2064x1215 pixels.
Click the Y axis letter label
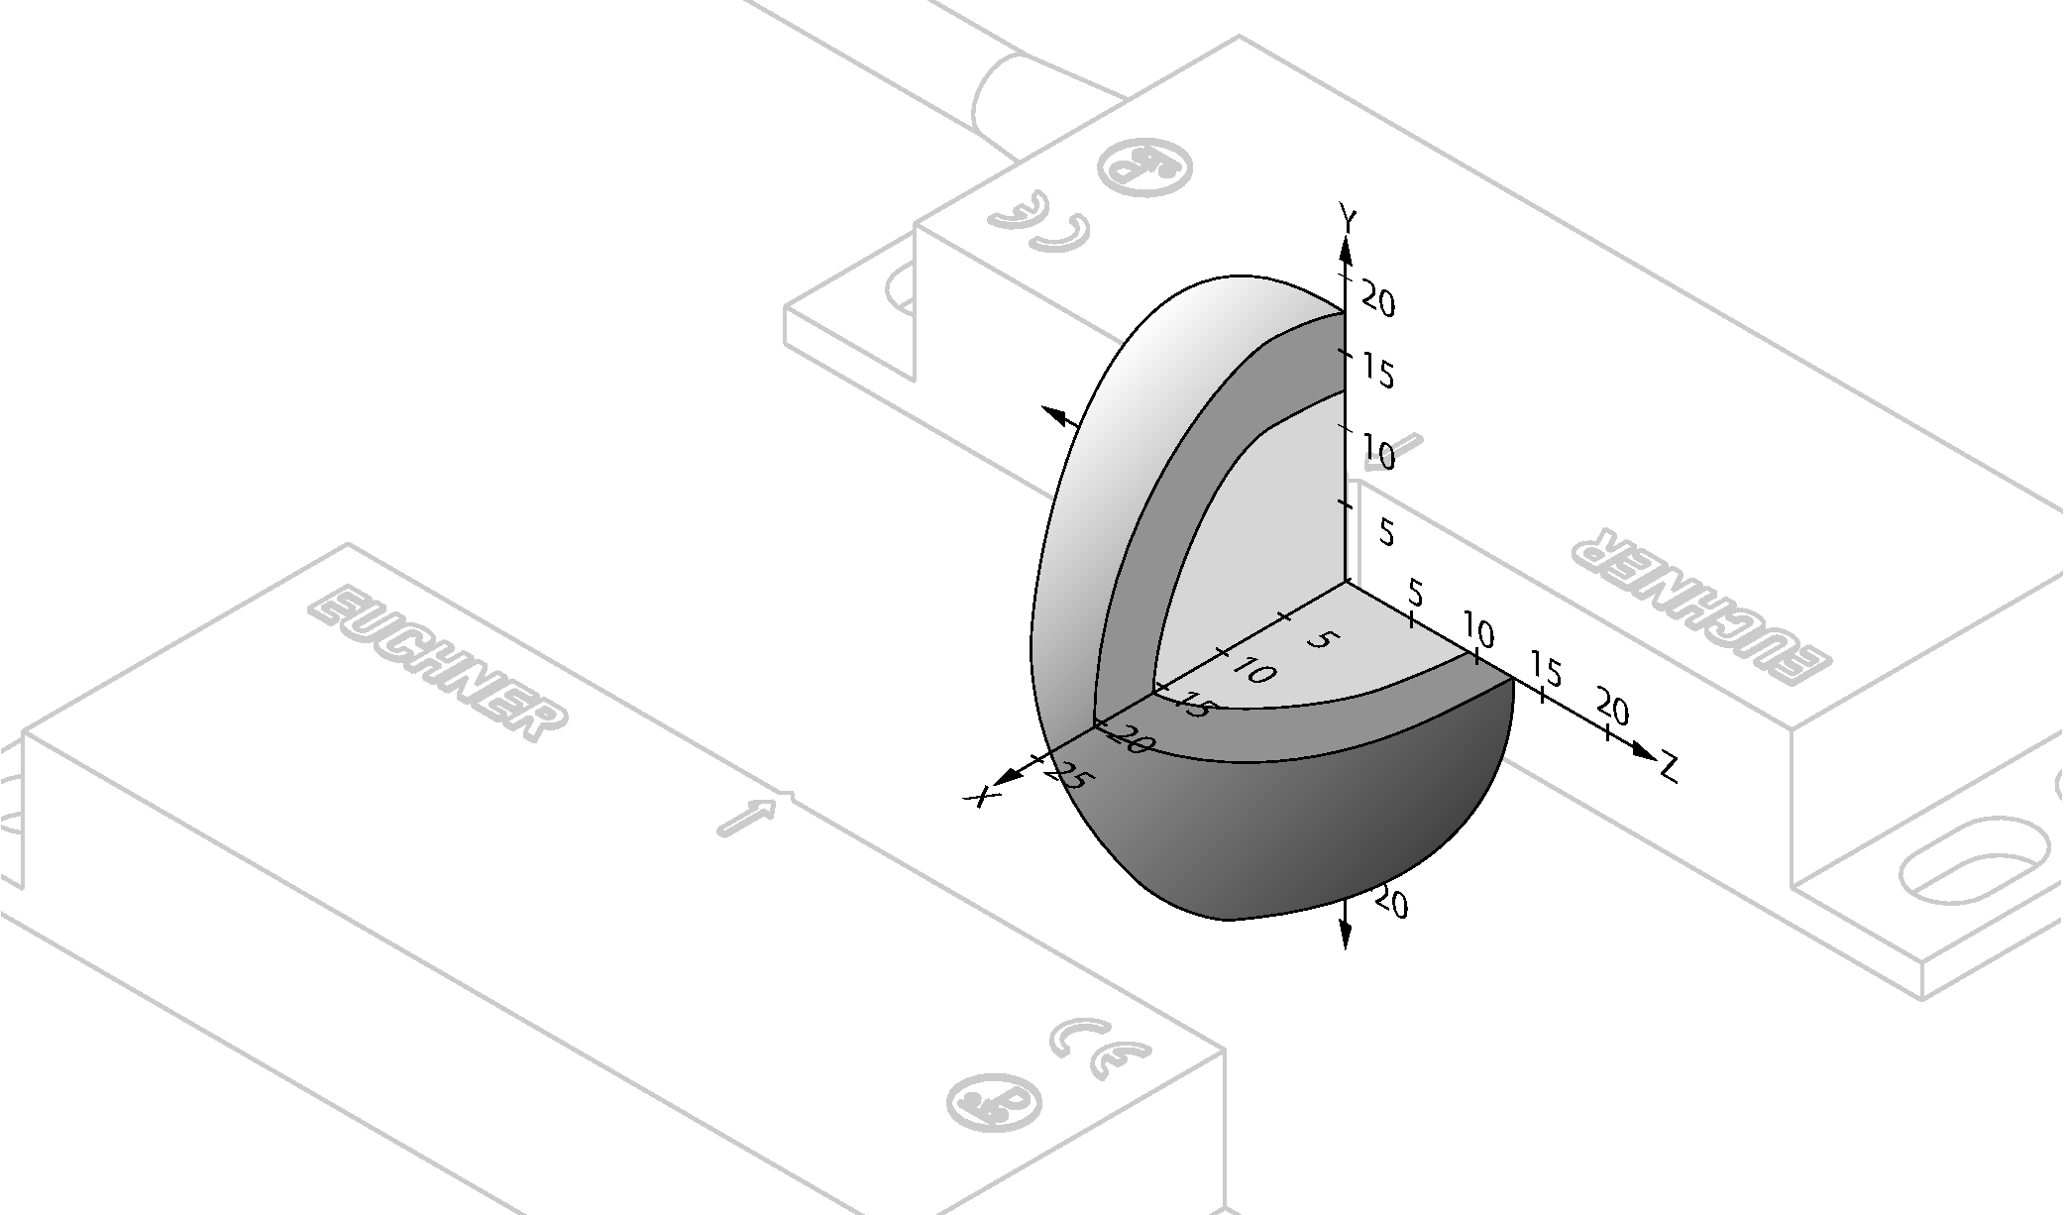[x=1348, y=216]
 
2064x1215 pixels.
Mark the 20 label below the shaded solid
[x=1391, y=903]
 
